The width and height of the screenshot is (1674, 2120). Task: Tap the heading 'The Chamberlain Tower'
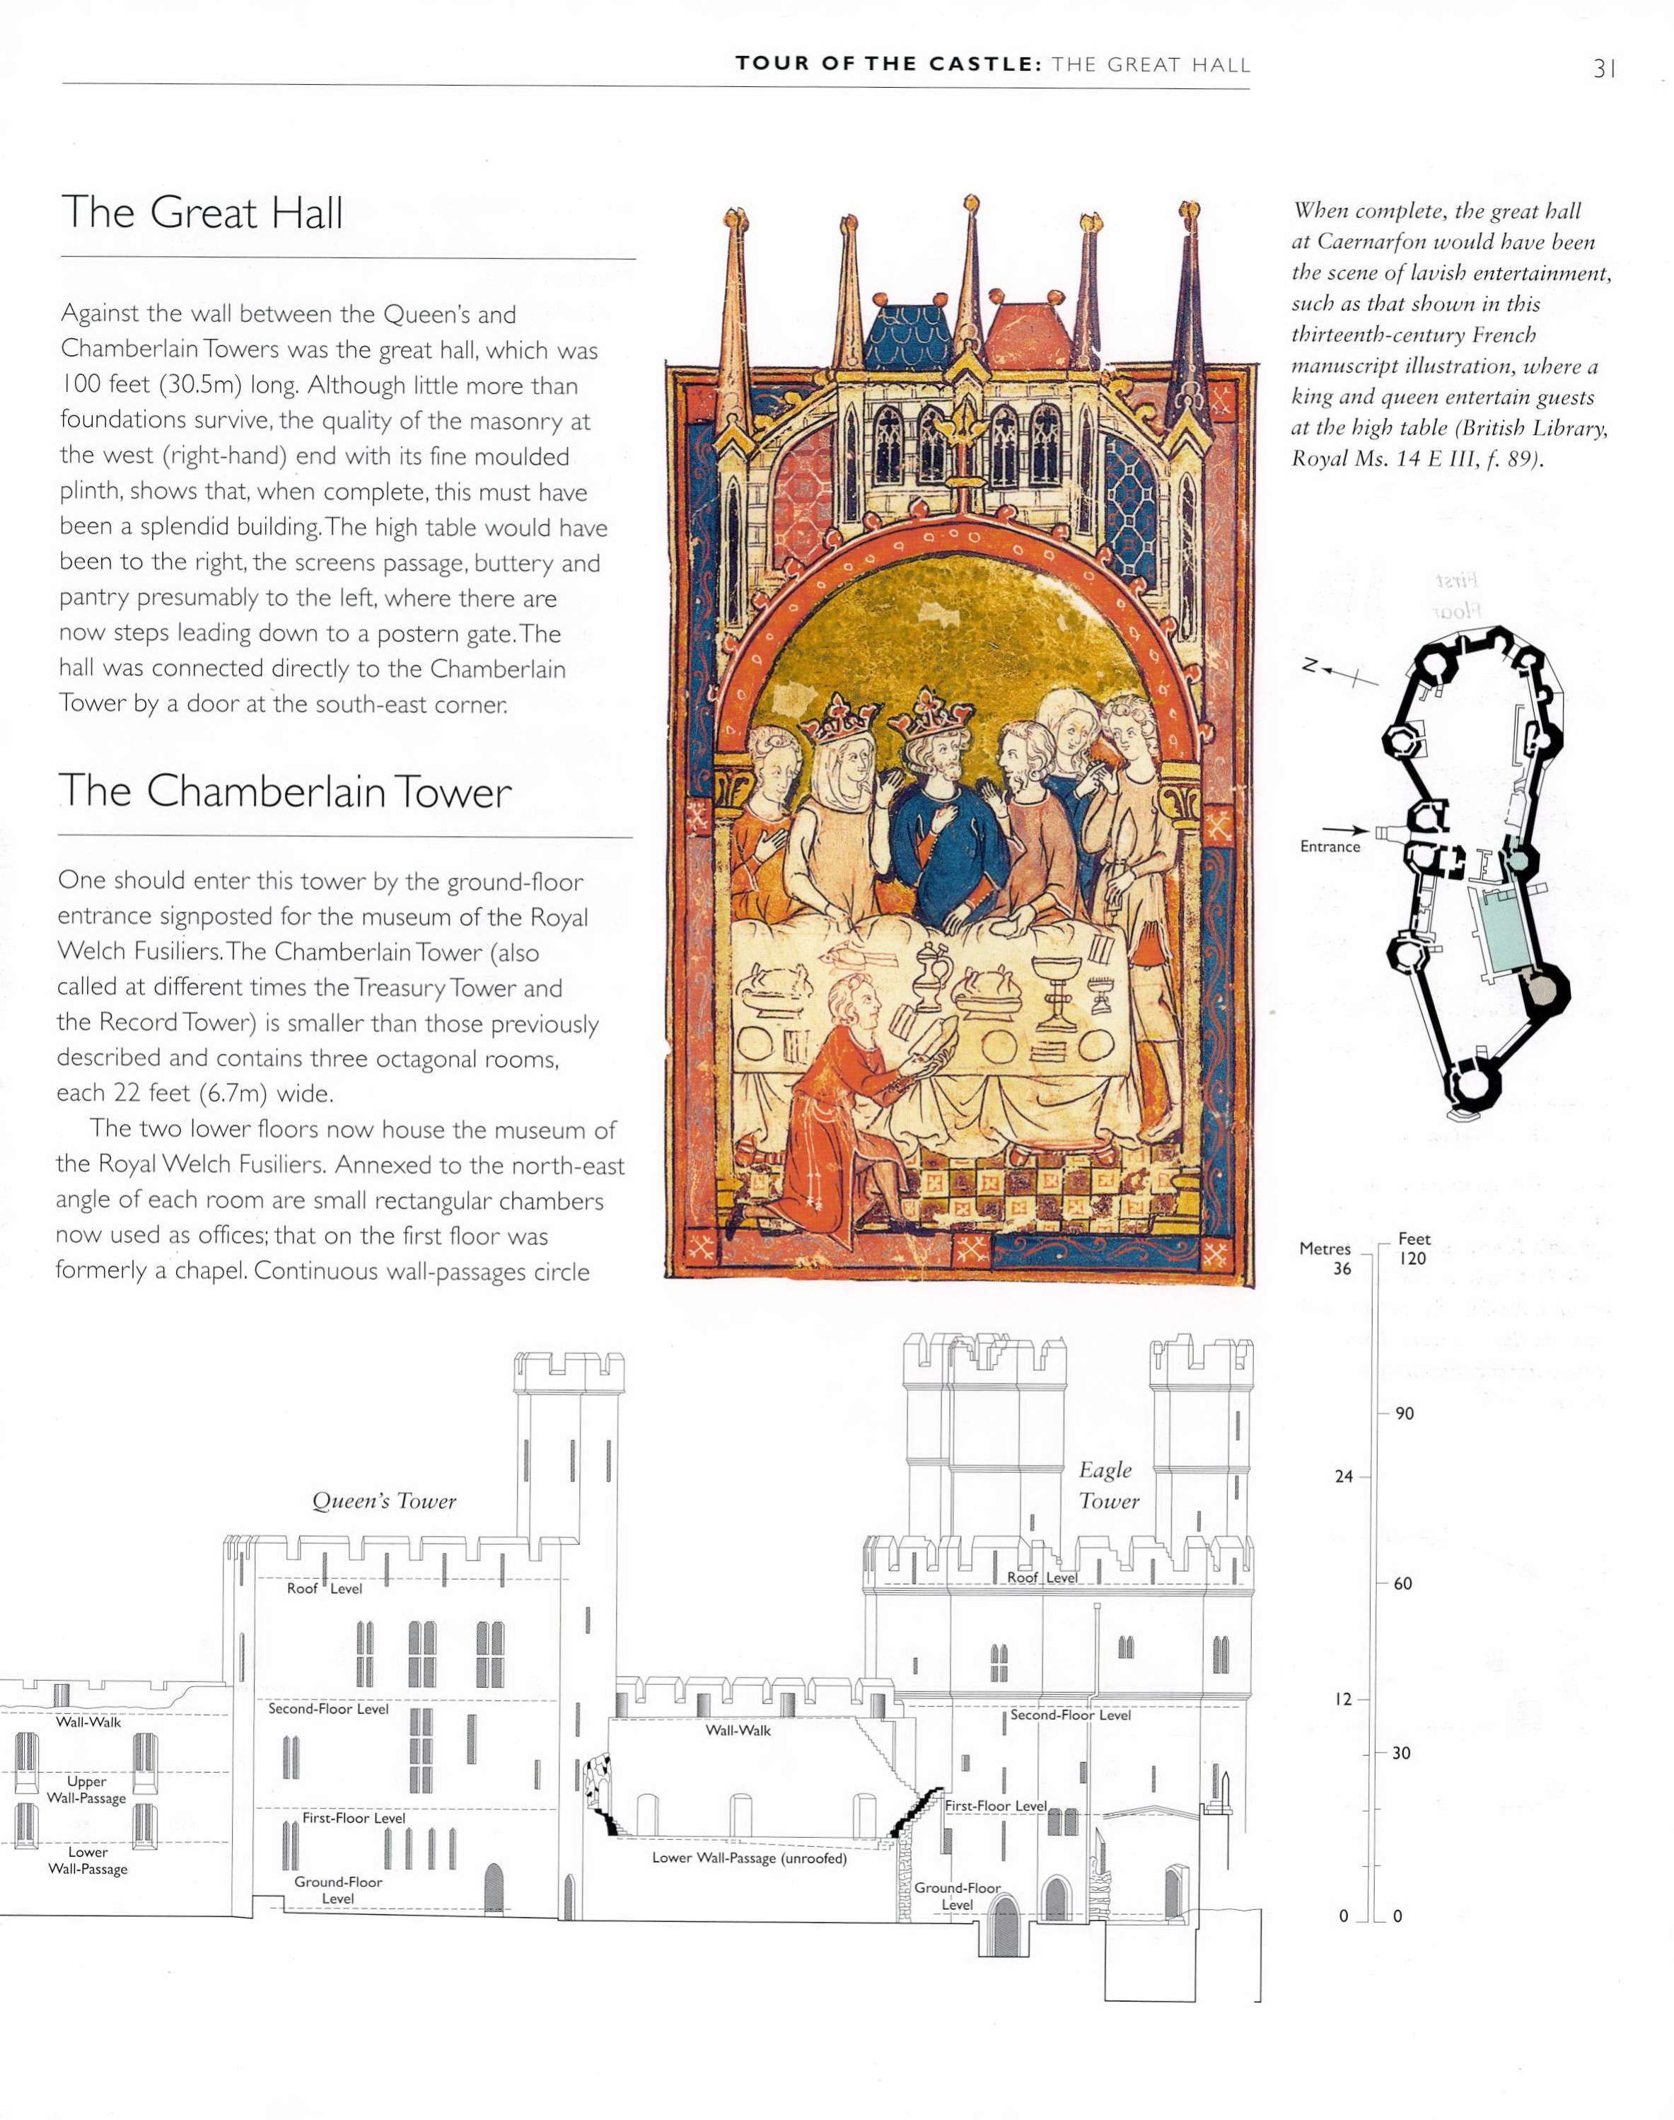tap(284, 791)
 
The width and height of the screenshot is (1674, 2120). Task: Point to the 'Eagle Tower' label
tap(1107, 1485)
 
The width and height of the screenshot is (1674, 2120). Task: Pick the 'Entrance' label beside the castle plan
tap(1330, 847)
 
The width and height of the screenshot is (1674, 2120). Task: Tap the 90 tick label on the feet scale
tap(1405, 1413)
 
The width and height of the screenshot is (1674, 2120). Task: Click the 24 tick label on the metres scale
tap(1344, 1477)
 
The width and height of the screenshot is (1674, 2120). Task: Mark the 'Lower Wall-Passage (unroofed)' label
tap(749, 1858)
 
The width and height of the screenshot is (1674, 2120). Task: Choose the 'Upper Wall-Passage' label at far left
tap(86, 1789)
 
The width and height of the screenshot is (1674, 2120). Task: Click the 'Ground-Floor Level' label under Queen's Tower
tap(338, 1889)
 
